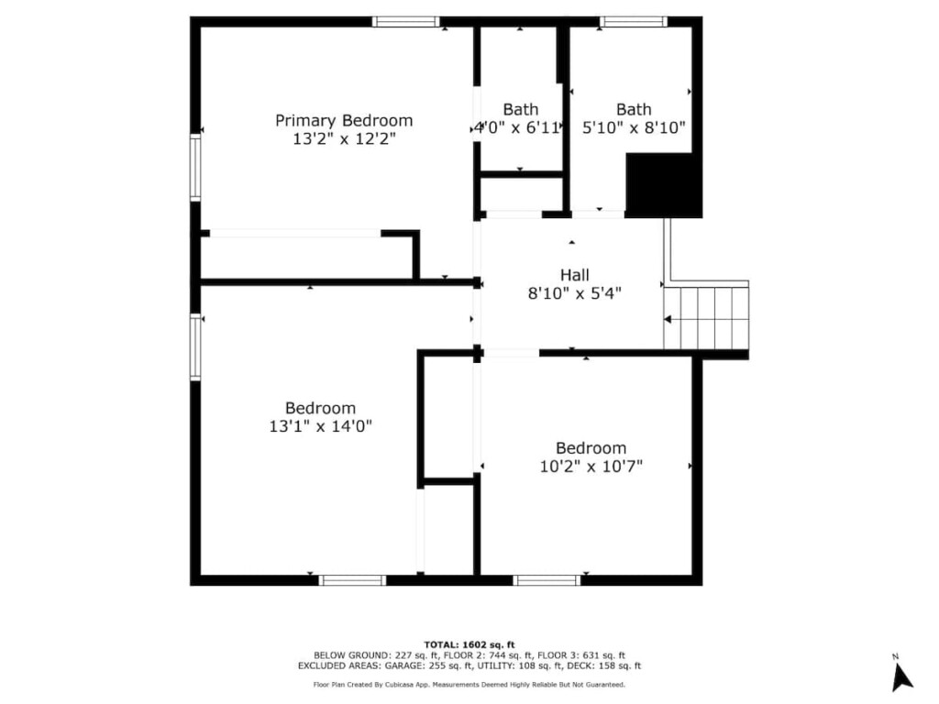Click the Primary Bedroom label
(x=344, y=120)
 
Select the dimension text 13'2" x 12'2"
(x=344, y=139)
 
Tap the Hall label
(x=575, y=275)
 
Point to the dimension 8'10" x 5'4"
(x=575, y=294)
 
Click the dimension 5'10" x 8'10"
(x=634, y=128)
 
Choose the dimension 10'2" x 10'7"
(x=591, y=467)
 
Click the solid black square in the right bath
(x=662, y=185)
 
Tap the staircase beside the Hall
(x=706, y=317)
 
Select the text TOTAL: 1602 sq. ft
(x=469, y=644)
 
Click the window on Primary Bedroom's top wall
(x=405, y=21)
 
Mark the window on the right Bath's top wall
(x=633, y=21)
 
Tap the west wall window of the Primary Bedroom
(x=195, y=167)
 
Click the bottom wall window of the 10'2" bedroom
(x=547, y=580)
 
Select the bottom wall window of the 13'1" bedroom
(x=352, y=580)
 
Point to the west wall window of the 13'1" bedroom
(x=195, y=346)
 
